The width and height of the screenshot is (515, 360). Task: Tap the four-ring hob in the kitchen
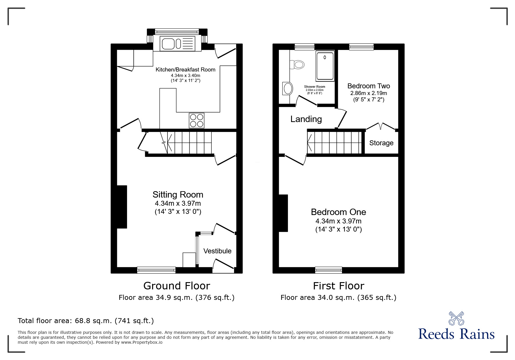pos(197,120)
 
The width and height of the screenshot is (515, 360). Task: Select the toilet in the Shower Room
pos(297,64)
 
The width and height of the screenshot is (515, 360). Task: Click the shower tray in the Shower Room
pos(325,66)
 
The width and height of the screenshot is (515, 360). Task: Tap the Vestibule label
pos(218,251)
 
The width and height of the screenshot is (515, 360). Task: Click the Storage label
pos(381,143)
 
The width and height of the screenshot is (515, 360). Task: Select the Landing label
pos(306,119)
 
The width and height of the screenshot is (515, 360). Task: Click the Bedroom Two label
pos(369,86)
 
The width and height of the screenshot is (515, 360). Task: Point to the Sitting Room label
pos(178,195)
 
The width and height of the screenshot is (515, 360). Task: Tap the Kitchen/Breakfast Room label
pos(186,70)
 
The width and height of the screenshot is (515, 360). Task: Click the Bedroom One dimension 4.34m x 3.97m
pos(338,221)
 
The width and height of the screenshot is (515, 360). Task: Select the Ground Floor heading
pos(177,286)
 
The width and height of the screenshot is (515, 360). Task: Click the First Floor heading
pos(338,286)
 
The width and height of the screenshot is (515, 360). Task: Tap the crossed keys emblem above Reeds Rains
pos(456,318)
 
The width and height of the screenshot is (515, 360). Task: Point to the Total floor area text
pos(86,321)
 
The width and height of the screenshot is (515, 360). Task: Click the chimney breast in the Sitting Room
pos(122,207)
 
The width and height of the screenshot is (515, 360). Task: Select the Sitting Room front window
pos(156,270)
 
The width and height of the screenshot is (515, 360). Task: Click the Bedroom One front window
pos(329,270)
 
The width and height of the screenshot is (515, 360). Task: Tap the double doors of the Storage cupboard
pos(381,126)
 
